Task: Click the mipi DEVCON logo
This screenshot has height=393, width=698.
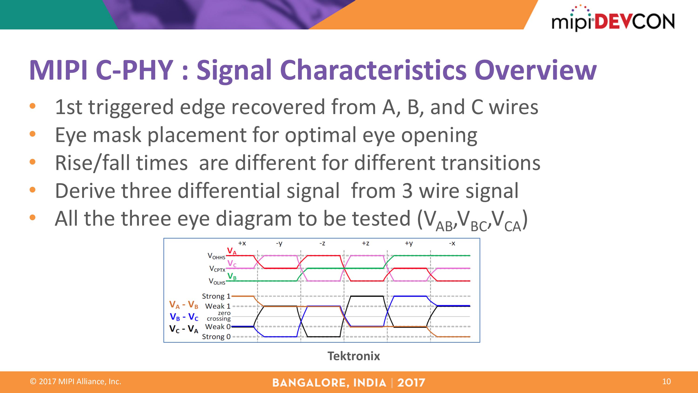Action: [613, 18]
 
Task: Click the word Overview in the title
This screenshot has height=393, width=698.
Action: [535, 70]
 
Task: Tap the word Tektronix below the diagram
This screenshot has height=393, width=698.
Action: [354, 356]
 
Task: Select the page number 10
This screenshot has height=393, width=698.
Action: [666, 382]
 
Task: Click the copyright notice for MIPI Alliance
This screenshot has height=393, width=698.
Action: [75, 382]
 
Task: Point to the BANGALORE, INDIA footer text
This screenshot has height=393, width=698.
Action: [329, 383]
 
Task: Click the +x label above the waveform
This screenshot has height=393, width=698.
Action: [242, 243]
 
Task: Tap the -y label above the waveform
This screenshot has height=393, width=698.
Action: [279, 244]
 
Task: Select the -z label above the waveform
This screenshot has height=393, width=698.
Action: [322, 243]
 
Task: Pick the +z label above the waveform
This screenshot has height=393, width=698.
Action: [366, 243]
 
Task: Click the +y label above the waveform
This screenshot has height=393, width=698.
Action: [409, 244]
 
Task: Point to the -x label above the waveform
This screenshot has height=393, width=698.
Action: [452, 243]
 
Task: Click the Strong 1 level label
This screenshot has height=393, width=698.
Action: [216, 296]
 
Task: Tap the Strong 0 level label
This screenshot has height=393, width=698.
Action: [216, 337]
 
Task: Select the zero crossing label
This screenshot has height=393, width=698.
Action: [219, 316]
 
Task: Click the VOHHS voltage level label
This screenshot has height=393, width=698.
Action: [216, 256]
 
